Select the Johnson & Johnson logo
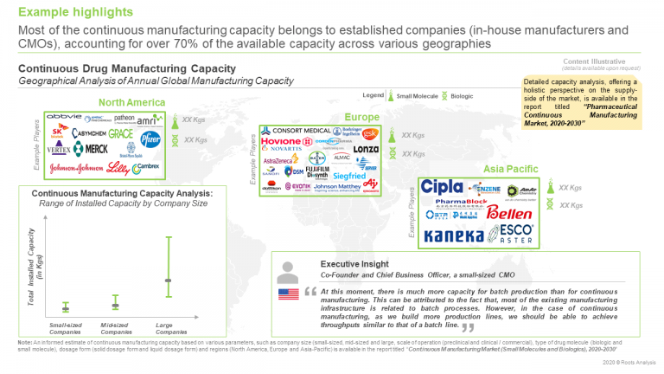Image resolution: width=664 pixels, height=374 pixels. [78, 168]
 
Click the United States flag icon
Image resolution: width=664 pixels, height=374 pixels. [288, 294]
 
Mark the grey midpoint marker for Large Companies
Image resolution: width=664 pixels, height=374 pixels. [169, 280]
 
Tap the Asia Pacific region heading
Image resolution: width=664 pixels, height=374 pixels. [508, 169]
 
